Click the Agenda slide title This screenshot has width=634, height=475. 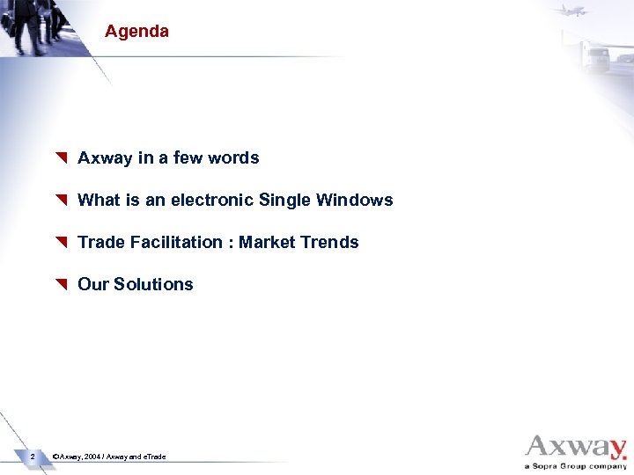(x=136, y=32)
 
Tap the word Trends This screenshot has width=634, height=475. (x=330, y=243)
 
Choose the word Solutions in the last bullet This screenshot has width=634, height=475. (x=153, y=284)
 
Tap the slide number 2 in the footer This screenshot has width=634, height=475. (x=32, y=457)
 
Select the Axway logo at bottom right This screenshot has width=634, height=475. (x=576, y=447)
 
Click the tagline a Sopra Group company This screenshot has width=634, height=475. (x=576, y=466)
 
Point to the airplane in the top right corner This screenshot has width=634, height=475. (x=571, y=11)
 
